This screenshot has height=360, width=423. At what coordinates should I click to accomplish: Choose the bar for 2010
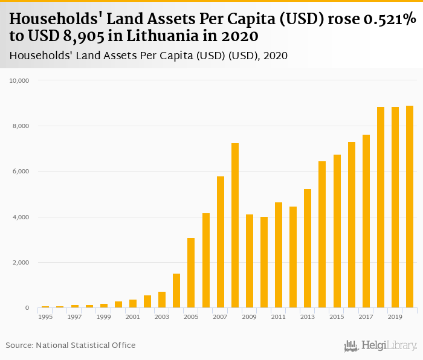pyautogui.click(x=264, y=262)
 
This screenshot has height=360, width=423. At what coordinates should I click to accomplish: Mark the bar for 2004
pyautogui.click(x=176, y=291)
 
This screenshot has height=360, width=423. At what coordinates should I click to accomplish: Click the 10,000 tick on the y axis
pyautogui.click(x=28, y=80)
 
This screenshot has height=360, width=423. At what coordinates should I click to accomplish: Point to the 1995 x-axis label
pyautogui.click(x=45, y=317)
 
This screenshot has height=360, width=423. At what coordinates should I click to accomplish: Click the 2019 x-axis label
pyautogui.click(x=395, y=317)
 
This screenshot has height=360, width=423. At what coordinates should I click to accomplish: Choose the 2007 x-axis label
pyautogui.click(x=220, y=317)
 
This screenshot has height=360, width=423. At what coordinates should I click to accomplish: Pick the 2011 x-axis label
pyautogui.click(x=279, y=317)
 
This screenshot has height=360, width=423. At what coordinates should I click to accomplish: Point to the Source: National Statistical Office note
pyautogui.click(x=71, y=345)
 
